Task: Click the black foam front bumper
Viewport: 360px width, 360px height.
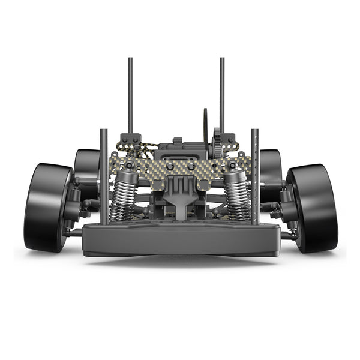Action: click(180, 239)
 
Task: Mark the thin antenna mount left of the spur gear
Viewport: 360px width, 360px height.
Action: click(205, 126)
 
